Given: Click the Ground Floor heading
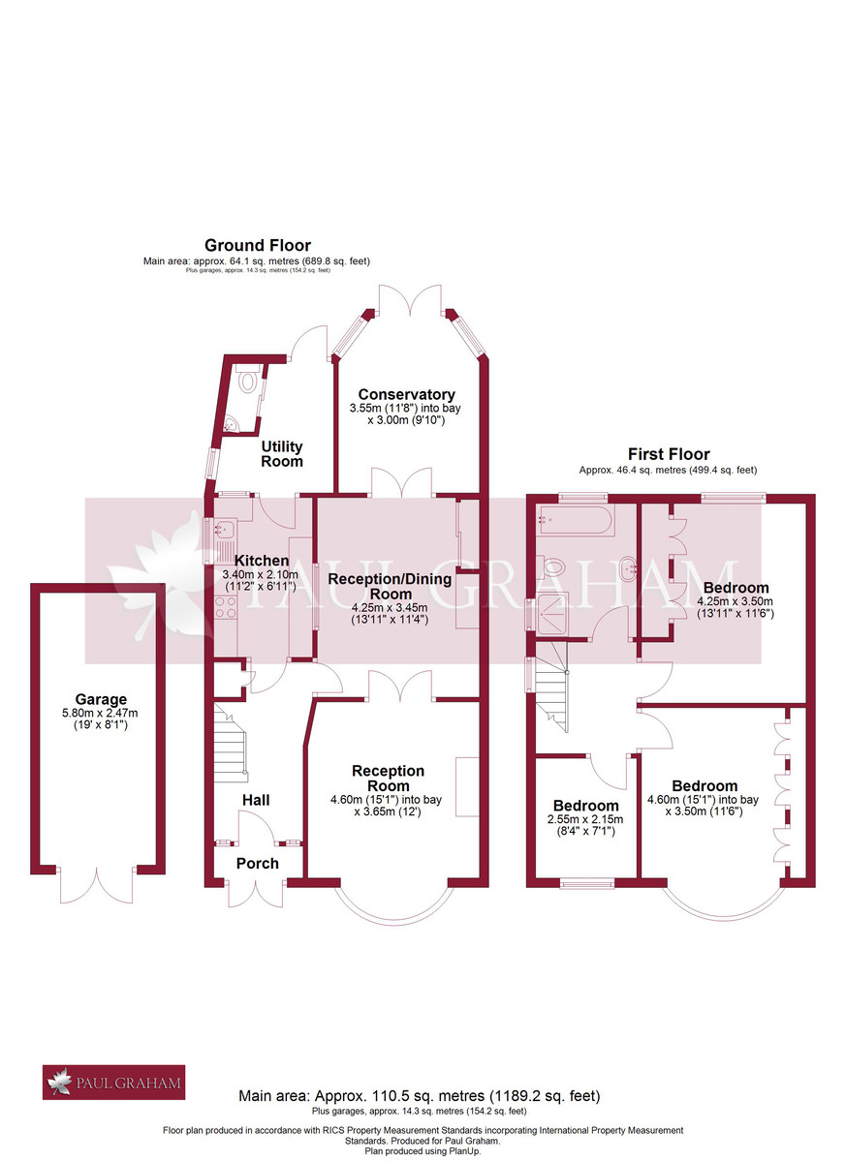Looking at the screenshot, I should tap(257, 246).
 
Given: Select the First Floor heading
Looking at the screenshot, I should tap(669, 454).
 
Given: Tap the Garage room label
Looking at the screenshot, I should tap(101, 699).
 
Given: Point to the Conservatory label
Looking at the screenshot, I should tap(406, 394).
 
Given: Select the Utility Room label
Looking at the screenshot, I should tap(281, 453).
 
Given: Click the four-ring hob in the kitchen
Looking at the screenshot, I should tap(226, 608).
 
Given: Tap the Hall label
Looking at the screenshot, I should tap(256, 800).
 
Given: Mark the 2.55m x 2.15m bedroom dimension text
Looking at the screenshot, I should tap(584, 818).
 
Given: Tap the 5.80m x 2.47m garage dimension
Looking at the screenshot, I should tap(101, 715).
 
